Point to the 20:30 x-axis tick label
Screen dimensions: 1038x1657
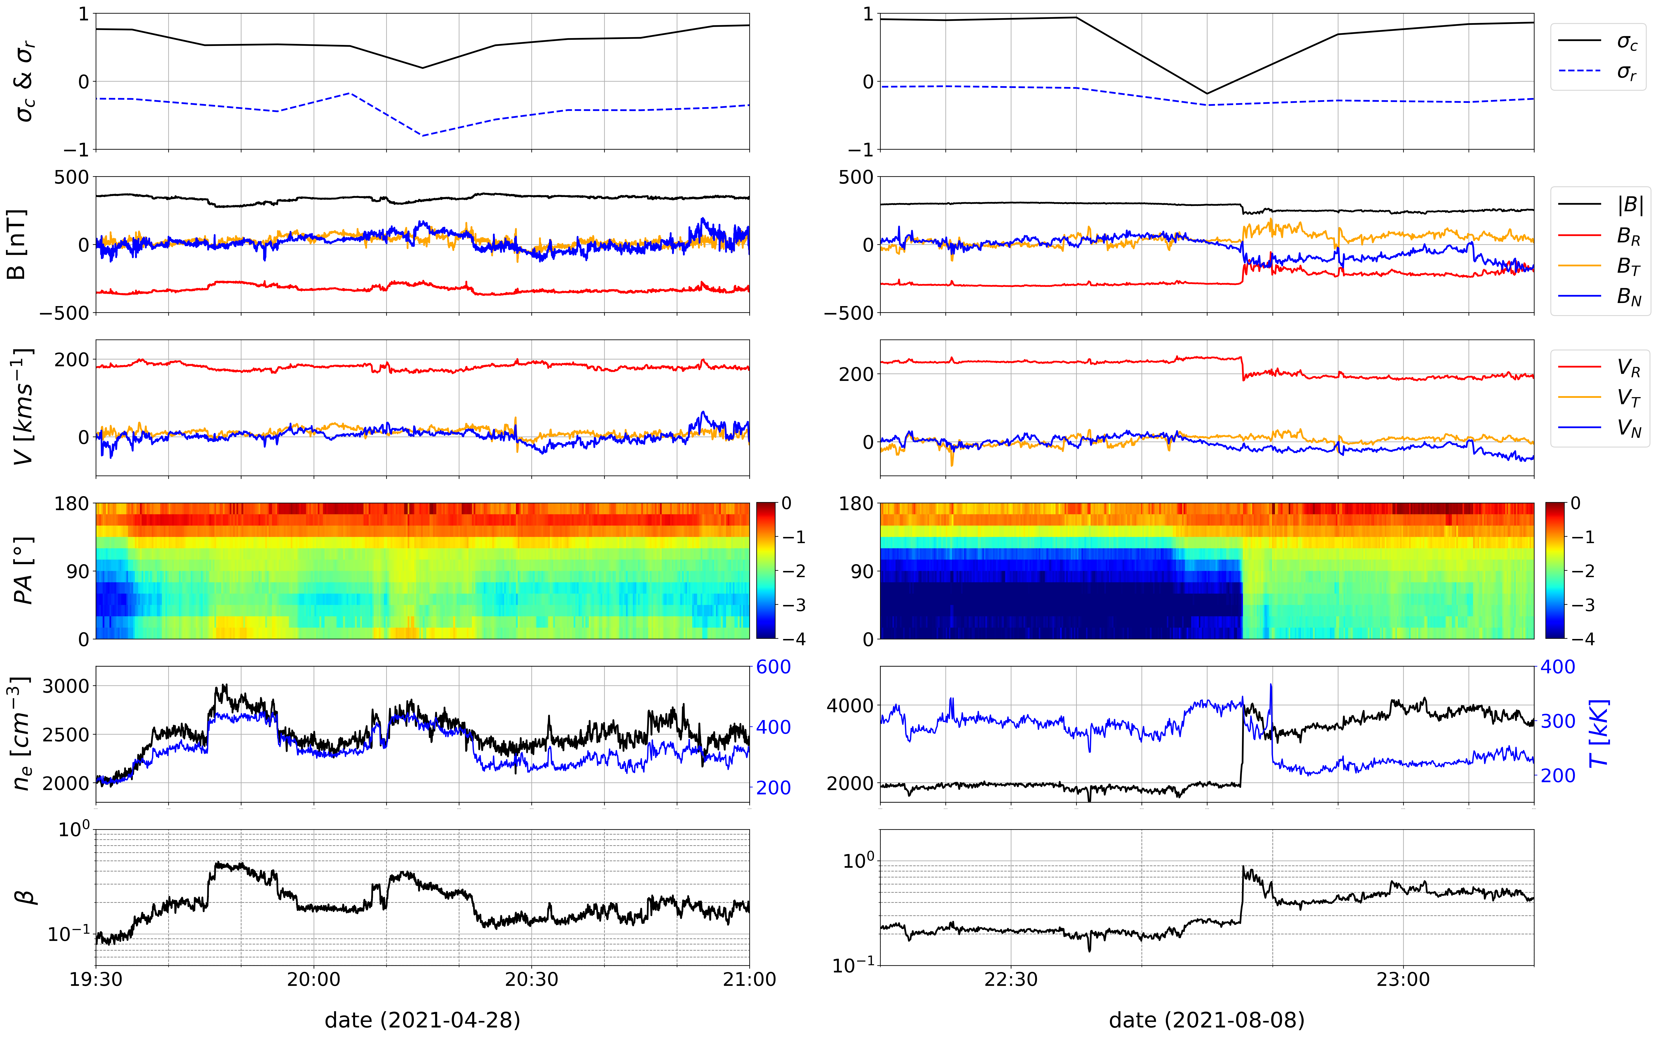[x=532, y=979]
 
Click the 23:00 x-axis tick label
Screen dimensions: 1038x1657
[x=1403, y=979]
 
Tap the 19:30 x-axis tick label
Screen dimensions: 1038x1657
[x=96, y=979]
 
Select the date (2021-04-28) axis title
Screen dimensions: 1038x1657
[x=422, y=1020]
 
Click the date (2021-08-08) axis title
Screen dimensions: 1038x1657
[x=1206, y=1020]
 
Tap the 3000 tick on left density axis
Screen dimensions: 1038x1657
[x=66, y=686]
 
